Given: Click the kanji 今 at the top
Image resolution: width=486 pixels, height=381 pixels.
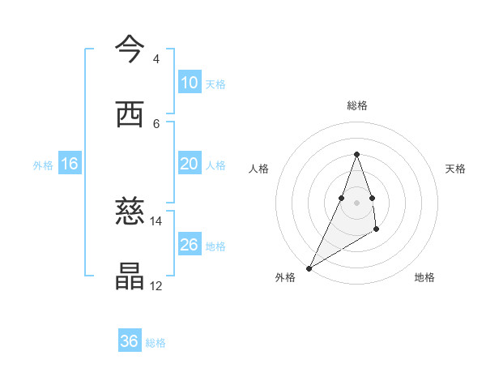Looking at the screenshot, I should click(x=130, y=49).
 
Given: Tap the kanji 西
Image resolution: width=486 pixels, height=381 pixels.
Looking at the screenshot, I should click(x=130, y=114).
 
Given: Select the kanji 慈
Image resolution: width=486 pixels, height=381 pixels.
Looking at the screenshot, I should click(x=130, y=212).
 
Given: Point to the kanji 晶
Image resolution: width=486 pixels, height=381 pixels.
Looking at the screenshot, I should click(x=130, y=276).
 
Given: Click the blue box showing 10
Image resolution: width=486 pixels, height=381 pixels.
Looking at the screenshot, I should click(x=190, y=83).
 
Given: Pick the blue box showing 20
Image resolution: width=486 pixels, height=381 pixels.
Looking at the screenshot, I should click(x=190, y=164).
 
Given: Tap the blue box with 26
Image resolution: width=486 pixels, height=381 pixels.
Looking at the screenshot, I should click(x=190, y=245).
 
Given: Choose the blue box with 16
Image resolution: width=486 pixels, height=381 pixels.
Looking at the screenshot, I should click(x=70, y=164).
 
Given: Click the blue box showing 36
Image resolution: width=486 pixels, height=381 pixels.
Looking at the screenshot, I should click(x=130, y=341).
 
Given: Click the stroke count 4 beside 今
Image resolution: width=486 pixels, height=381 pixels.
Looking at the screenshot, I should click(x=156, y=59).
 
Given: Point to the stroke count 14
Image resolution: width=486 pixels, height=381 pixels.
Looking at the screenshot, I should click(x=156, y=220).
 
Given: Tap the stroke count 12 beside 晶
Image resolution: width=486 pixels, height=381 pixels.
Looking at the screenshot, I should click(x=156, y=285).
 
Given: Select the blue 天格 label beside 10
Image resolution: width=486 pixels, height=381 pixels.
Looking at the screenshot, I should click(x=215, y=83).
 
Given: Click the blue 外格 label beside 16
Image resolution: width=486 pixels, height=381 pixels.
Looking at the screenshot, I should click(x=44, y=165).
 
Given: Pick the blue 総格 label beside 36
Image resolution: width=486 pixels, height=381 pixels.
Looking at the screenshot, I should click(x=156, y=342).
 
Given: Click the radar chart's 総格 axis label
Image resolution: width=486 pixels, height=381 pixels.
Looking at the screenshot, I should click(x=356, y=105).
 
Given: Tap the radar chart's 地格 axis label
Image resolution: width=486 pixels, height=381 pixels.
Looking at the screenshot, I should click(x=424, y=277).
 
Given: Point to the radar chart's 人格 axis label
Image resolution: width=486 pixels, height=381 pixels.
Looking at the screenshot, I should click(x=258, y=169).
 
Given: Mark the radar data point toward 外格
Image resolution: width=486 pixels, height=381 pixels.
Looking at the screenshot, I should click(x=309, y=268).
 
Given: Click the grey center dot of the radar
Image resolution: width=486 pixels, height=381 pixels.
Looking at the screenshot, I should click(x=356, y=202).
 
